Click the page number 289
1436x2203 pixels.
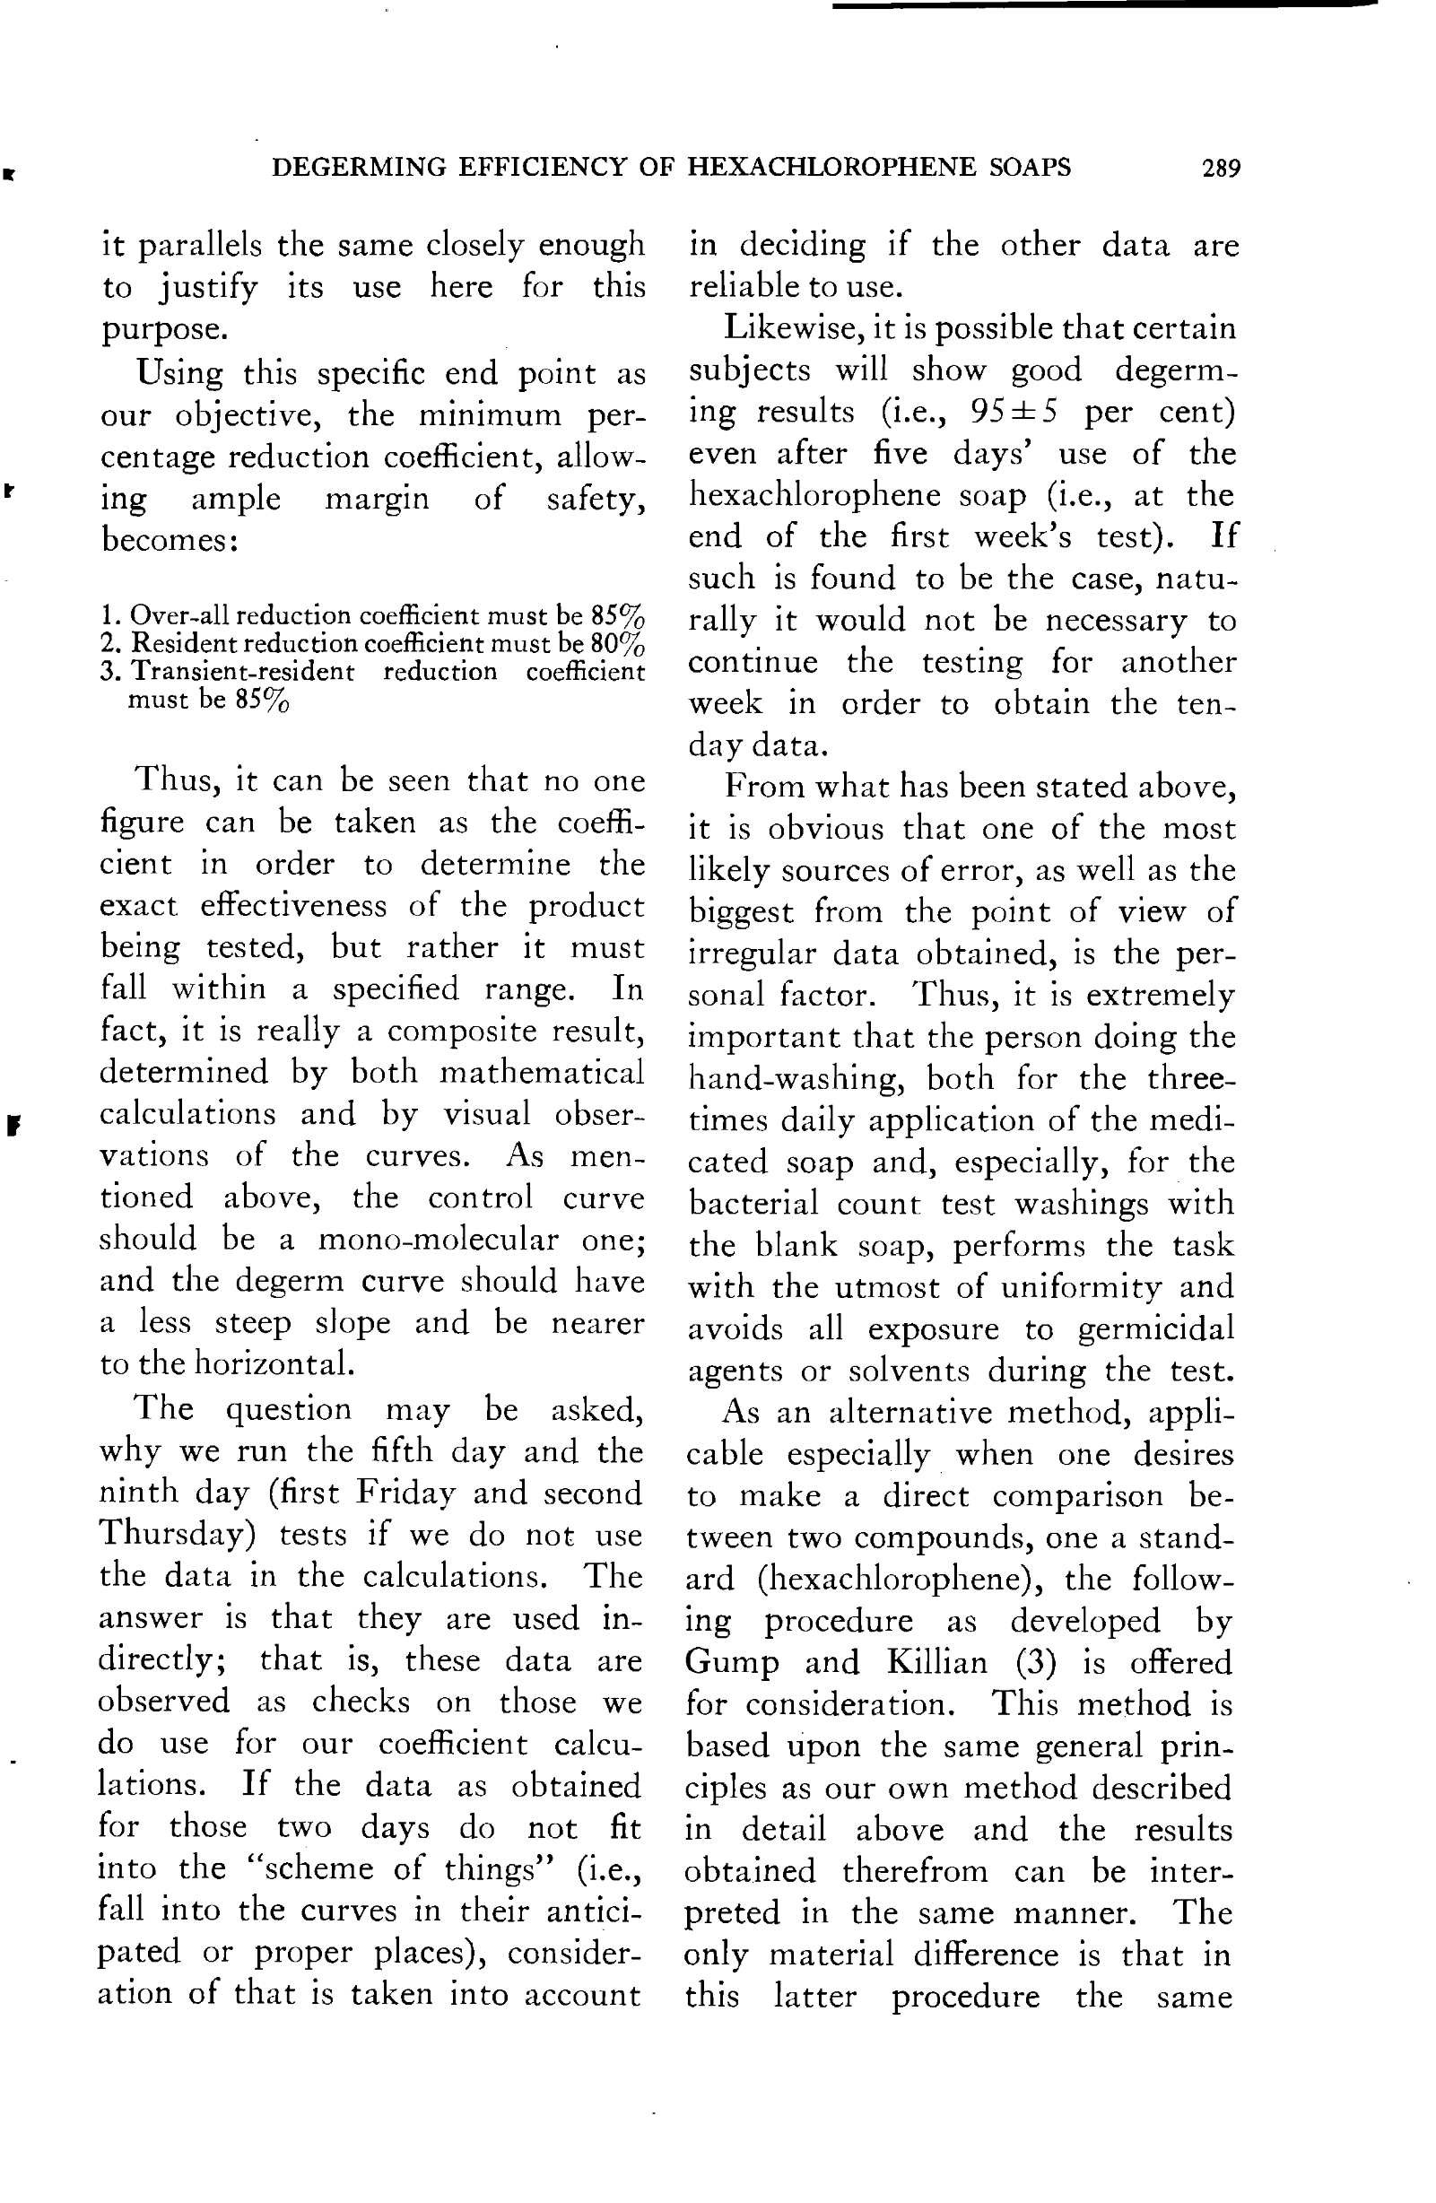point(1220,168)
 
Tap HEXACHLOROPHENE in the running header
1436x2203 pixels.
point(831,167)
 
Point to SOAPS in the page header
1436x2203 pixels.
point(1030,167)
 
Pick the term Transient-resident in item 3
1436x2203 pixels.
point(241,671)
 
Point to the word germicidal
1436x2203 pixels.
point(1155,1328)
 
